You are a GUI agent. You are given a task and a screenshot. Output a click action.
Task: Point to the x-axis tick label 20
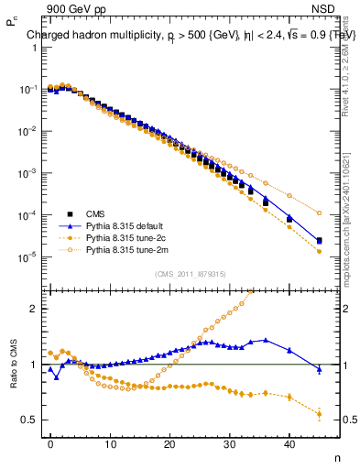click(x=169, y=445)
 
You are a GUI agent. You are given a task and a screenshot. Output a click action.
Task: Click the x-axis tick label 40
click(x=289, y=445)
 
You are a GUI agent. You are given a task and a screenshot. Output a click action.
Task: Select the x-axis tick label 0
click(x=50, y=445)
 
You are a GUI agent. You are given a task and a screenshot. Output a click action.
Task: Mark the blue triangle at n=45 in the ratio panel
click(x=319, y=369)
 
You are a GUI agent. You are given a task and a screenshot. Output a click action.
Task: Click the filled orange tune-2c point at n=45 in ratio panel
click(x=319, y=414)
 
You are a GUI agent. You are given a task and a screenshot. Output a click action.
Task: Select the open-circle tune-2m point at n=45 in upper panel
click(x=319, y=213)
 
